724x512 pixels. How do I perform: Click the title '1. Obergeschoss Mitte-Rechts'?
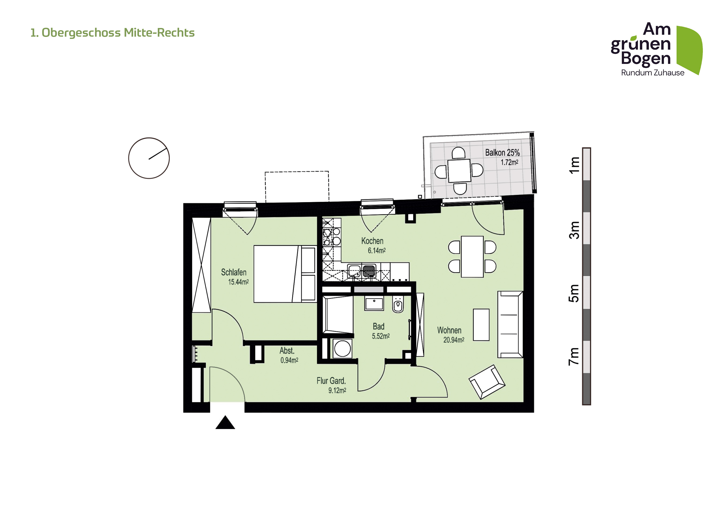pos(112,33)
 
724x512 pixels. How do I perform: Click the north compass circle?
pos(149,158)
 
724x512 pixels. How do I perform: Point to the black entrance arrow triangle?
pos(225,423)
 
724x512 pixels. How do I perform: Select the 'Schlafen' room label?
pos(234,272)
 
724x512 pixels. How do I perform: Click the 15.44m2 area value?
pos(238,282)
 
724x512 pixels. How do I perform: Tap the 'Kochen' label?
pos(373,241)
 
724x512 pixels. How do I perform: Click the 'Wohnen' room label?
pos(449,330)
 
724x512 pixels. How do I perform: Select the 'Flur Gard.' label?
pos(331,381)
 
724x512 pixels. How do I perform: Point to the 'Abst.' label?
pos(287,350)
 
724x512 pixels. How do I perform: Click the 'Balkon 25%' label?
pos(503,153)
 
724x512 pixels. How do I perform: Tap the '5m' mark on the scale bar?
pos(574,294)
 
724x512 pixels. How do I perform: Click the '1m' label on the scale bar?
pos(574,165)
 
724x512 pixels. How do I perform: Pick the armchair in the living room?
pos(487,382)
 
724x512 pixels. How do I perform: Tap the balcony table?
pos(459,171)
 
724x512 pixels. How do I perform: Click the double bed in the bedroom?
pos(285,274)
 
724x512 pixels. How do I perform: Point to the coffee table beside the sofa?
pos(481,325)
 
